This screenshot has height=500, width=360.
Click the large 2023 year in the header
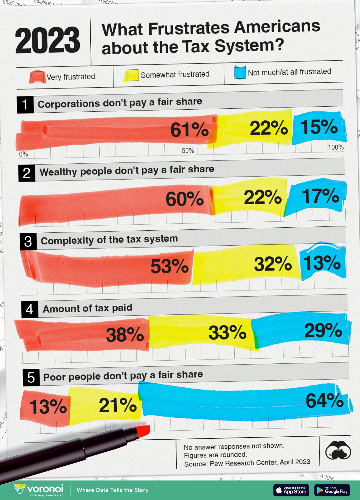[47, 41]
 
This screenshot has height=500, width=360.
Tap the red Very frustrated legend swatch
[37, 77]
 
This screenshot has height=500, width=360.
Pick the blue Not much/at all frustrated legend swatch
[240, 72]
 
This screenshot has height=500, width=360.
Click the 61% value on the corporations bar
[189, 130]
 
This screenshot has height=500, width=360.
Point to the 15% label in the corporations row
[319, 127]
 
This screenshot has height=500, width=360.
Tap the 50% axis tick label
[188, 150]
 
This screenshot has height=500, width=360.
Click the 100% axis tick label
[336, 147]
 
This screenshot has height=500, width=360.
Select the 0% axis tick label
[23, 154]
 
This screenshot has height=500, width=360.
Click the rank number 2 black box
[27, 173]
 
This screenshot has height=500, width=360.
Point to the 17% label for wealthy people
[320, 196]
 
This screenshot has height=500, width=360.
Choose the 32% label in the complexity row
[273, 264]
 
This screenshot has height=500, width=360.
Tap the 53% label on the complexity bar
[169, 266]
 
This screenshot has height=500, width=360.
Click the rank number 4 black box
[30, 309]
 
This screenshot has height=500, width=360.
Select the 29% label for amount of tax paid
[323, 331]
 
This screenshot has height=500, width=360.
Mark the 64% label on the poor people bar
[325, 401]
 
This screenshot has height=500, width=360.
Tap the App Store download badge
[291, 490]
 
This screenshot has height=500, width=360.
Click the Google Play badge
[332, 490]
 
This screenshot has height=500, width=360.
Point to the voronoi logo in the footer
[39, 490]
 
